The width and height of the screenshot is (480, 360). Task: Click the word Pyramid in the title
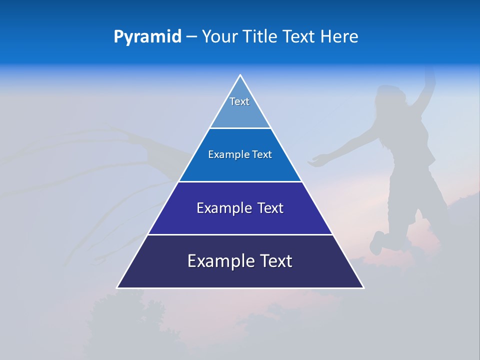(x=147, y=37)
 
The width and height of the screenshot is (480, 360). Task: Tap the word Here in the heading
(x=339, y=37)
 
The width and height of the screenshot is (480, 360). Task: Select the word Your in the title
(x=219, y=37)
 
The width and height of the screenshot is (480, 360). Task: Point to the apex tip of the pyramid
(x=240, y=75)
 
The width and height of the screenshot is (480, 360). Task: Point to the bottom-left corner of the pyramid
(x=118, y=287)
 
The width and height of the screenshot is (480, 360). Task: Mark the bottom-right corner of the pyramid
(x=363, y=287)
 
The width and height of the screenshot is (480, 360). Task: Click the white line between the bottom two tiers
(x=240, y=235)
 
